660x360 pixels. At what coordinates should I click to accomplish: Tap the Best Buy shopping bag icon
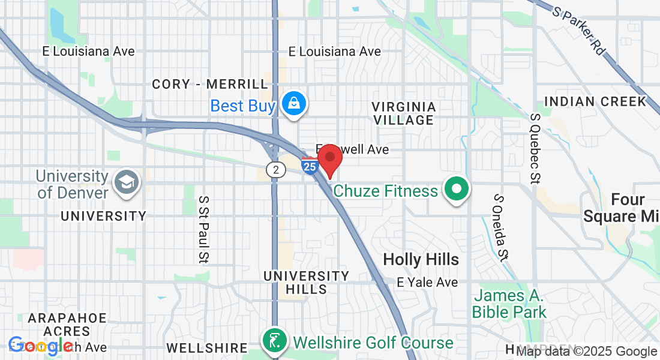[x=295, y=104]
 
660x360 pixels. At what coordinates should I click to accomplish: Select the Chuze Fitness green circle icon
[x=457, y=190]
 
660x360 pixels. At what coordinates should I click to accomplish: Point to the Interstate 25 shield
[x=310, y=166]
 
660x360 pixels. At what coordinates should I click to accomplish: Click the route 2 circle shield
[x=275, y=170]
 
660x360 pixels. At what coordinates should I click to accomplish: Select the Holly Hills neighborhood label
[x=421, y=259]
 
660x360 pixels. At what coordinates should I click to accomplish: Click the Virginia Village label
[x=403, y=113]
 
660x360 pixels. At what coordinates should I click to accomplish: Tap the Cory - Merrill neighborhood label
[x=210, y=84]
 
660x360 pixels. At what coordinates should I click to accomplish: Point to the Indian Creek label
[x=595, y=101]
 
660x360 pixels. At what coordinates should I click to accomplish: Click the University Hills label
[x=307, y=282]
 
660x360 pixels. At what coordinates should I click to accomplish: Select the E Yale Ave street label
[x=427, y=282]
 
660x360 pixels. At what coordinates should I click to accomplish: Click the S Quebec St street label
[x=536, y=148]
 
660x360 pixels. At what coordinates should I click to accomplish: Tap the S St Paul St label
[x=204, y=229]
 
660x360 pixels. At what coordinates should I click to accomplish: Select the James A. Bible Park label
[x=509, y=304]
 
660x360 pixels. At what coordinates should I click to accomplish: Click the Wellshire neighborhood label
[x=207, y=348]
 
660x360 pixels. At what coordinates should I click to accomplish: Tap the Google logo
[x=40, y=345]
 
